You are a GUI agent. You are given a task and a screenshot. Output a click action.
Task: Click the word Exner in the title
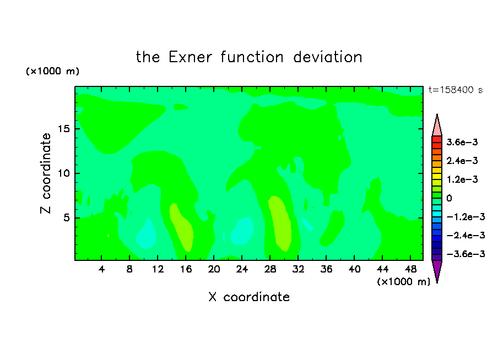pos(190,57)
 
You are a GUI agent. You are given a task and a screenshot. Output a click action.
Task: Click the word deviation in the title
pos(327,57)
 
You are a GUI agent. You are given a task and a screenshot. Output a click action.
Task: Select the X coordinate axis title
pos(249,297)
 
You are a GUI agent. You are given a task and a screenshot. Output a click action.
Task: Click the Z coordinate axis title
pos(45,173)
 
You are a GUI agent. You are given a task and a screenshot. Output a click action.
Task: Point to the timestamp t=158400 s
pos(456,90)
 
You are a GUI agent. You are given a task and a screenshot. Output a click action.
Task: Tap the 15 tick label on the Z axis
pos(64,129)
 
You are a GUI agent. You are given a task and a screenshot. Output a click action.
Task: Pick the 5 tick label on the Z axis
pos(67,218)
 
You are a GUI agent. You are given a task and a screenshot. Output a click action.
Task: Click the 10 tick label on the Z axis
pos(64,173)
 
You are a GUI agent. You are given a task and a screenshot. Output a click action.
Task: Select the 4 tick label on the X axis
pos(101,269)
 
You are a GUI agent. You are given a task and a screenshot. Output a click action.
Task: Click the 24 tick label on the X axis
pos(242,269)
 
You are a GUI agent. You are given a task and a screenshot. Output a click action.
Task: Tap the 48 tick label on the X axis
pos(410,269)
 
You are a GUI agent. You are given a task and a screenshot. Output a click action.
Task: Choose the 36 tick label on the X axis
pos(326,269)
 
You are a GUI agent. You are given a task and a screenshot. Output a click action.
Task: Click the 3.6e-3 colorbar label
pos(462,142)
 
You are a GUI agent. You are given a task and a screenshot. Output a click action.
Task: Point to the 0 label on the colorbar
pos(449,198)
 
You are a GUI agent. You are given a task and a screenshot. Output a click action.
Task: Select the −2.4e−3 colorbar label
pos(465,235)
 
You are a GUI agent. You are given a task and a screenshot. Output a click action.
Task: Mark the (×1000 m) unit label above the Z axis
pos(52,71)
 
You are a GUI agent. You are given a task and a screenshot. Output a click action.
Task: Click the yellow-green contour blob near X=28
pos(280,223)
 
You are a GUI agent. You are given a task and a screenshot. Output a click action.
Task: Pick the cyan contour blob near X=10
pos(147,233)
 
